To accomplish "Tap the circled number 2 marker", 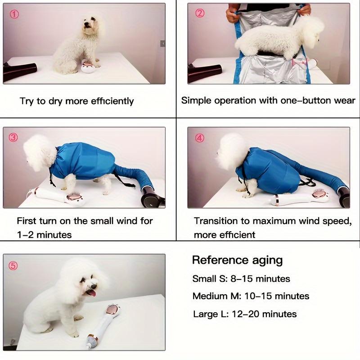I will [200, 13].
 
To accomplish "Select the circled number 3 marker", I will [13, 138].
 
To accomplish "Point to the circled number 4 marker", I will [200, 138].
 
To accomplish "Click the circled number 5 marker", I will [13, 266].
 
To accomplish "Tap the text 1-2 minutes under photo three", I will [44, 234].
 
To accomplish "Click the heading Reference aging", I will [237, 260].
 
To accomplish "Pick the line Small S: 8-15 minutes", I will [241, 279].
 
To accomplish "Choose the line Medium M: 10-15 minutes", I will [251, 296].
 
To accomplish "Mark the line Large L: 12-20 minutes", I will [245, 314].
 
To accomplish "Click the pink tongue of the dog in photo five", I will [91, 293].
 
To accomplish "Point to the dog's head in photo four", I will [232, 151].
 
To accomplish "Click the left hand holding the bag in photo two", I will [233, 15].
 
